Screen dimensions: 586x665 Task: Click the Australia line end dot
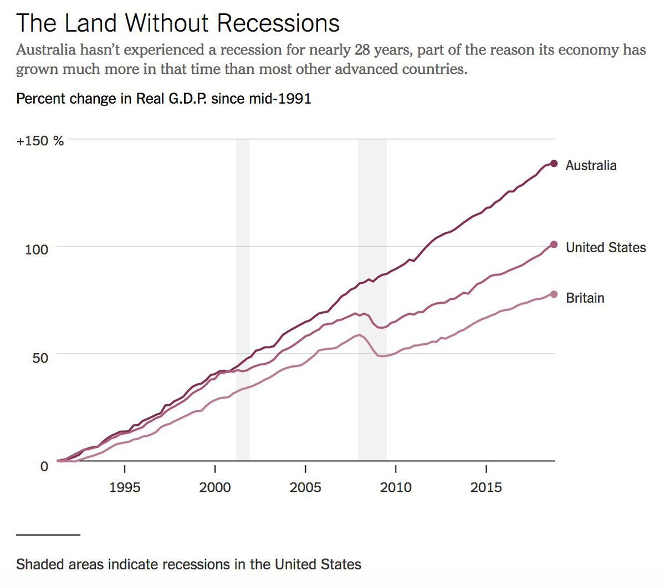pyautogui.click(x=553, y=164)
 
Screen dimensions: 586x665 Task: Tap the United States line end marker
pyautogui.click(x=554, y=244)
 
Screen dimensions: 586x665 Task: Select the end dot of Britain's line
pyautogui.click(x=554, y=294)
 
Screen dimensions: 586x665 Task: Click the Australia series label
pyautogui.click(x=591, y=165)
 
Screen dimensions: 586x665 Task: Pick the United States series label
pyautogui.click(x=606, y=247)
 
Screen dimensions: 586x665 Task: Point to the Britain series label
pyautogui.click(x=585, y=298)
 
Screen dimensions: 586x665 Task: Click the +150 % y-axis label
pyautogui.click(x=40, y=141)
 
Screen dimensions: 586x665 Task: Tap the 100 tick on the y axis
pyautogui.click(x=37, y=249)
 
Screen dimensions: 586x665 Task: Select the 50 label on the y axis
pyautogui.click(x=40, y=357)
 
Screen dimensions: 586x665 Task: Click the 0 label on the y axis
pyautogui.click(x=44, y=466)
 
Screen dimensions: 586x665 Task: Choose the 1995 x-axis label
pyautogui.click(x=125, y=487)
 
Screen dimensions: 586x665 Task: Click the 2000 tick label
pyautogui.click(x=215, y=487)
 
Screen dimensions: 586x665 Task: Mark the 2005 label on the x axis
pyautogui.click(x=305, y=487)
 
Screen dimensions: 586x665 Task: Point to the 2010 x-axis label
pyautogui.click(x=396, y=487)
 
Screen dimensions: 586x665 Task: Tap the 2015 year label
pyautogui.click(x=486, y=487)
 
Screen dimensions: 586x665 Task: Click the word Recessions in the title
pyautogui.click(x=278, y=23)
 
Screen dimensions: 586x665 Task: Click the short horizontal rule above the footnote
pyautogui.click(x=48, y=534)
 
